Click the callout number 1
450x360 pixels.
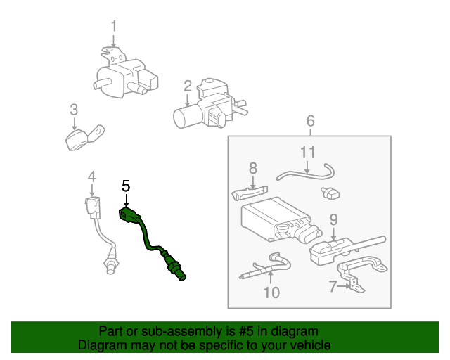[x=113, y=27]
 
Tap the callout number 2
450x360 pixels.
[x=188, y=86]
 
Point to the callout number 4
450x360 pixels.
[x=91, y=176]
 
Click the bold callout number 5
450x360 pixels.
[x=126, y=186]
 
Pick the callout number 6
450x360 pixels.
[x=311, y=122]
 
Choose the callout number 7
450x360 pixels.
[x=333, y=285]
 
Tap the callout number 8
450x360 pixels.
[x=253, y=168]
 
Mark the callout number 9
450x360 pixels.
[x=334, y=219]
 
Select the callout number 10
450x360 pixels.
[x=271, y=291]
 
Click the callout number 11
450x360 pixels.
[x=308, y=152]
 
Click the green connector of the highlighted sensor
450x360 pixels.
[x=130, y=215]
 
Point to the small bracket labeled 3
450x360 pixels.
[x=82, y=137]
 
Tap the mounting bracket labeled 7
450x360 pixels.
[x=361, y=270]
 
